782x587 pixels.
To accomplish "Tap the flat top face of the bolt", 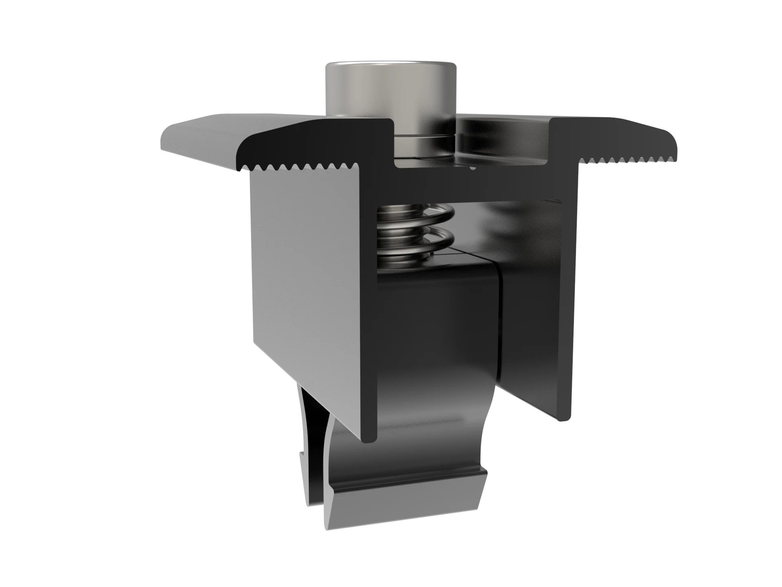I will (390, 64).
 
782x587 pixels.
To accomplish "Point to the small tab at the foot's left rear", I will (303, 460).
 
